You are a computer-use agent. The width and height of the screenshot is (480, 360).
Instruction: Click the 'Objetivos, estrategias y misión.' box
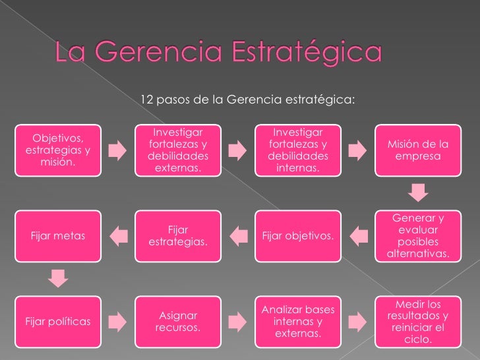[x=58, y=150]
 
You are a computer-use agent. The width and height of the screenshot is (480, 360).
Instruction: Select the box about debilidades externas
[x=178, y=151]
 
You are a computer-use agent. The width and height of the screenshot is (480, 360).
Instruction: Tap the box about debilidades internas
[x=297, y=151]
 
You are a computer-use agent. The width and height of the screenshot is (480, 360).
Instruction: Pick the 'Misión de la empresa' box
[x=417, y=151]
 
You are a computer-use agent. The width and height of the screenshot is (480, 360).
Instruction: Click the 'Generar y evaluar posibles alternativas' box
[x=417, y=235]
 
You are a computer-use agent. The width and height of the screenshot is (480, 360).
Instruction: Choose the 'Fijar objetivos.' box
[x=297, y=235]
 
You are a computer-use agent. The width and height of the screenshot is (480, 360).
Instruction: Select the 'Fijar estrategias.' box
[x=178, y=235]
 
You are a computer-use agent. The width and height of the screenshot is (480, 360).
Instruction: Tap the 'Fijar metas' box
[x=58, y=235]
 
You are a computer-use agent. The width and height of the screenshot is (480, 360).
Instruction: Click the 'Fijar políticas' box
[x=58, y=321]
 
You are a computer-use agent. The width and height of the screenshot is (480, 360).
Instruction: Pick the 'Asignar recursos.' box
[x=178, y=321]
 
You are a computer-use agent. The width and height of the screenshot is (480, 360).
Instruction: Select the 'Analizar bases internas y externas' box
[x=297, y=321]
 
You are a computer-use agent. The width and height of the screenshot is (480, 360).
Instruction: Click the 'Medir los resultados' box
[x=417, y=321]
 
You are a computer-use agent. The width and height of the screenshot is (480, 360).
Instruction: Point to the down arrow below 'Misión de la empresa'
[x=417, y=193]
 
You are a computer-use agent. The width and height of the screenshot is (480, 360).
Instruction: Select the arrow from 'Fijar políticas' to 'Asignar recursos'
[x=118, y=321]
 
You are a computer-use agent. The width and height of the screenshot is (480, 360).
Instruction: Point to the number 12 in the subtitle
[x=147, y=100]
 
